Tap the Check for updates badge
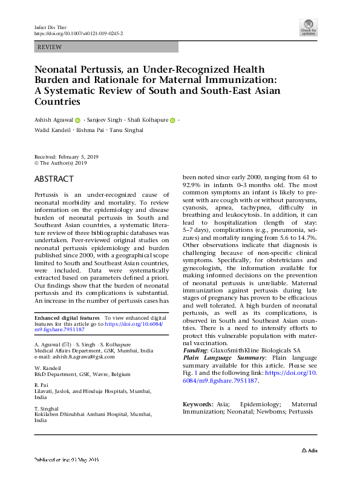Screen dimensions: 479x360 point(308,27)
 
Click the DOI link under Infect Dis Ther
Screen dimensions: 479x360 point(79,34)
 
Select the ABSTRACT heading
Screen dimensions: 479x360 point(54,179)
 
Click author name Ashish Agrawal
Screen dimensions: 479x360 point(54,121)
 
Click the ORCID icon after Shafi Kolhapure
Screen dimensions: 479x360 point(173,121)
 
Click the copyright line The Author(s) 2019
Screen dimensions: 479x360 point(63,163)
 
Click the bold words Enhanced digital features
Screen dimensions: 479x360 point(67,318)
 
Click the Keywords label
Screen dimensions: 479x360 point(198,404)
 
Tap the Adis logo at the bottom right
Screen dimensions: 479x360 point(309,451)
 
